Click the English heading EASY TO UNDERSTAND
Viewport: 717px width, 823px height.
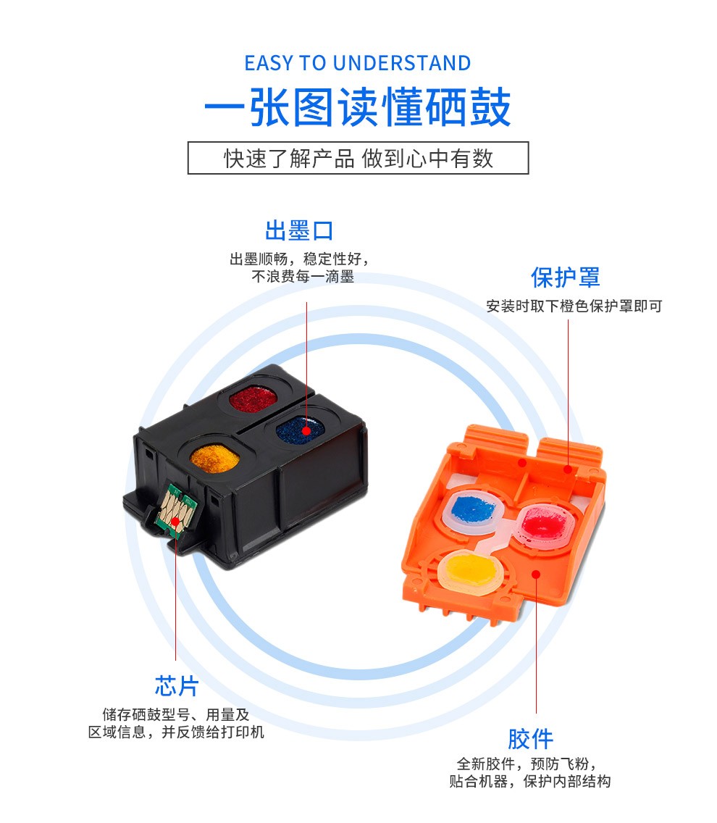tap(358, 63)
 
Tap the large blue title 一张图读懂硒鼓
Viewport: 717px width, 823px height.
tap(358, 107)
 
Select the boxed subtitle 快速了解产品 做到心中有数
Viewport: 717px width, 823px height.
tap(358, 158)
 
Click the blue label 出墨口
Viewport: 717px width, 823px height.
tap(299, 230)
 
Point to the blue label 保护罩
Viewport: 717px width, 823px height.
tap(566, 277)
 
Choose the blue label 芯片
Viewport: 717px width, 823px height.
tap(177, 686)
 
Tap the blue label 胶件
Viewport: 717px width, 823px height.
tap(530, 739)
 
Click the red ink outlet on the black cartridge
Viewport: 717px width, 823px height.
tap(253, 399)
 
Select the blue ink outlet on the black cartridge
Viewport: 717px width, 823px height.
tap(301, 429)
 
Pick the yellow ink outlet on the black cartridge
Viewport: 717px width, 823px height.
tap(214, 458)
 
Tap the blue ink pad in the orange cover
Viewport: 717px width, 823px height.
tap(473, 509)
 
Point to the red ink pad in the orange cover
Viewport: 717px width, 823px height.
tap(544, 522)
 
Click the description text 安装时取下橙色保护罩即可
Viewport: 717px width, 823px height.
tap(574, 306)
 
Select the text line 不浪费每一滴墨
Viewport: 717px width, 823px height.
tap(303, 276)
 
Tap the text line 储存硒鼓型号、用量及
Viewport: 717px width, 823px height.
tap(176, 714)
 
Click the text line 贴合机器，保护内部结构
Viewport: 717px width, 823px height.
tap(530, 781)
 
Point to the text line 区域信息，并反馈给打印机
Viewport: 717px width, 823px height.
tap(176, 732)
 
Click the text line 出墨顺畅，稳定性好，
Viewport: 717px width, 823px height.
tap(299, 259)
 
